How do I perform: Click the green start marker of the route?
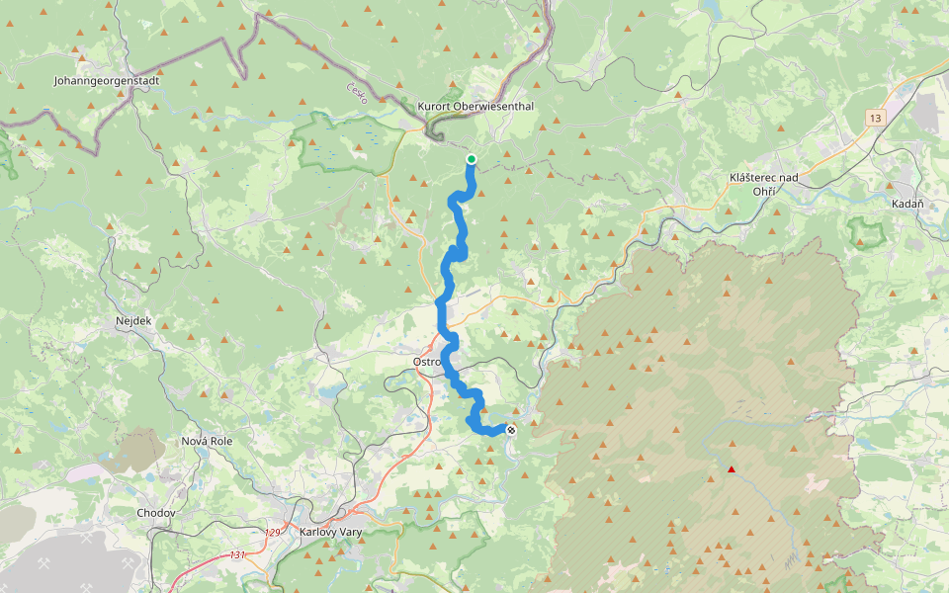(472, 159)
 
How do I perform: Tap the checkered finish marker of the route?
(511, 429)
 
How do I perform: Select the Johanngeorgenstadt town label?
(106, 81)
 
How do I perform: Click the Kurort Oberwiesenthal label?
(464, 107)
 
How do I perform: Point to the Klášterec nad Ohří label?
(762, 183)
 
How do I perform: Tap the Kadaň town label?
(907, 204)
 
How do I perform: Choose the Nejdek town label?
(131, 322)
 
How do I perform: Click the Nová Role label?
(207, 441)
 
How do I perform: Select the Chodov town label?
(156, 513)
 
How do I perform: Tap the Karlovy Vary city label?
(330, 533)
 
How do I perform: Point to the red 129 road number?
(274, 533)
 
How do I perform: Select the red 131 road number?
(237, 555)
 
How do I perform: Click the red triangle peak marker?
(731, 469)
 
